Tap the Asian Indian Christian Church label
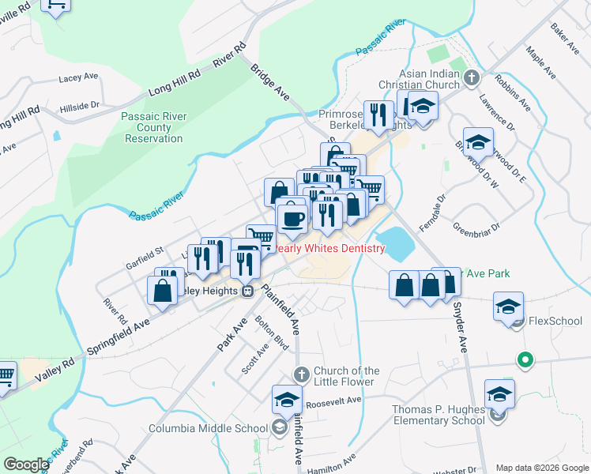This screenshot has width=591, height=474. click(x=429, y=79)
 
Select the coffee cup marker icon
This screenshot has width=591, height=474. click(x=292, y=218)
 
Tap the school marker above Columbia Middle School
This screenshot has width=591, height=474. click(x=288, y=400)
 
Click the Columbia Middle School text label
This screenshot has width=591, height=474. click(x=209, y=429)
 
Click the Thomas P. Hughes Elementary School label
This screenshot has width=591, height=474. click(x=439, y=415)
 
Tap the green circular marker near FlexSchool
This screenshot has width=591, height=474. click(x=522, y=359)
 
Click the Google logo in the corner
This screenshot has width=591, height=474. click(x=26, y=464)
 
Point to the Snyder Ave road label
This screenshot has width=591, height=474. click(x=460, y=329)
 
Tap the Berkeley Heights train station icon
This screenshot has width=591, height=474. click(x=248, y=291)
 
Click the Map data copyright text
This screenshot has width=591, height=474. click(x=541, y=467)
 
